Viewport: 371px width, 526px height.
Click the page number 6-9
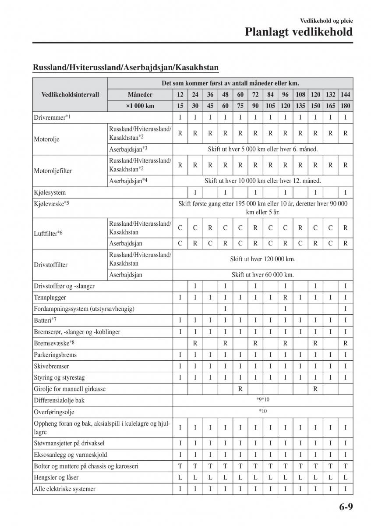(345, 507)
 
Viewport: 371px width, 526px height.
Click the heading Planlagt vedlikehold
(298, 32)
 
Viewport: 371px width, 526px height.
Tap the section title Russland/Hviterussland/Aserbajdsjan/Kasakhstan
(126, 68)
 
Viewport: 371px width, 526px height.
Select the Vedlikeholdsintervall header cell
(70, 95)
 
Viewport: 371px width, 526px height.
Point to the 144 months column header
(345, 95)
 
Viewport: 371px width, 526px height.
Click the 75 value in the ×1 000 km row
(240, 106)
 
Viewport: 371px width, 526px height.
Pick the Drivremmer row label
(52, 117)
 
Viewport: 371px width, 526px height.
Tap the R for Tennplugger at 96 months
(285, 298)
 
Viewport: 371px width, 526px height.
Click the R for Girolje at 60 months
(240, 389)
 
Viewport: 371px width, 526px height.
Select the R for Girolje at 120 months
(315, 389)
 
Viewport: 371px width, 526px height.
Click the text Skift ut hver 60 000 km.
(263, 275)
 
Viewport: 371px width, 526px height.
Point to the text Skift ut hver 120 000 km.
(263, 259)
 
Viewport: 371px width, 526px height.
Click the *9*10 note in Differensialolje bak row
(263, 400)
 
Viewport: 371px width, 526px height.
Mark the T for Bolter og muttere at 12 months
(180, 466)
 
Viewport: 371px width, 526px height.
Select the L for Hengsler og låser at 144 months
(345, 477)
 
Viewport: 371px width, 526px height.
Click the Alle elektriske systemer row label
(64, 489)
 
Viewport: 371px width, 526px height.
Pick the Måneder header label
(140, 95)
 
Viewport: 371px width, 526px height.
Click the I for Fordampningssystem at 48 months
(225, 309)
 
